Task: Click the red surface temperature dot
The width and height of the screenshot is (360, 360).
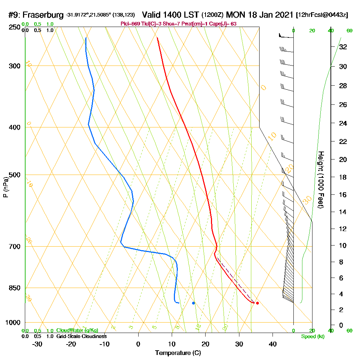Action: coord(257,303)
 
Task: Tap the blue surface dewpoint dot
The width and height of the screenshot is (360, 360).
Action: coord(193,303)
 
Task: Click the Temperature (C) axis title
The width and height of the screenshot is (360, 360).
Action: coord(178,353)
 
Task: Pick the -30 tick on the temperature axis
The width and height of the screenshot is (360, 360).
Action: coord(37,344)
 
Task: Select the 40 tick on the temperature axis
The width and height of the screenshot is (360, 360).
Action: coord(273,344)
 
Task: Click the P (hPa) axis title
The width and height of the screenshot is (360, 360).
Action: coord(5,187)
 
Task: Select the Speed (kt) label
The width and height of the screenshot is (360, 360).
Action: coord(312,336)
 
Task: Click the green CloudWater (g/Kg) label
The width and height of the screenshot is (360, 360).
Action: coord(77,330)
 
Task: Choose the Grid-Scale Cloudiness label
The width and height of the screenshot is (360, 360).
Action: coord(81,336)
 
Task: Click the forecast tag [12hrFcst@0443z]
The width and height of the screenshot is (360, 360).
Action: coord(321,15)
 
